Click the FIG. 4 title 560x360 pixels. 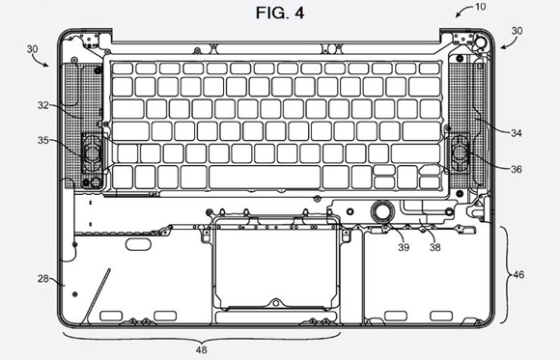tap(280, 14)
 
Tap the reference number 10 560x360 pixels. tap(481, 7)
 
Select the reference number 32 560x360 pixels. tap(42, 105)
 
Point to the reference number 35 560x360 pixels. tap(42, 140)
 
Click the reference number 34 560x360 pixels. tap(517, 133)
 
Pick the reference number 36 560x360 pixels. tap(517, 169)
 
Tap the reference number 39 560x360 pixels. tap(404, 247)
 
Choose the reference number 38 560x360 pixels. tap(435, 247)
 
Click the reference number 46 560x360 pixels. tap(518, 275)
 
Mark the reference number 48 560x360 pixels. tap(202, 349)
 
